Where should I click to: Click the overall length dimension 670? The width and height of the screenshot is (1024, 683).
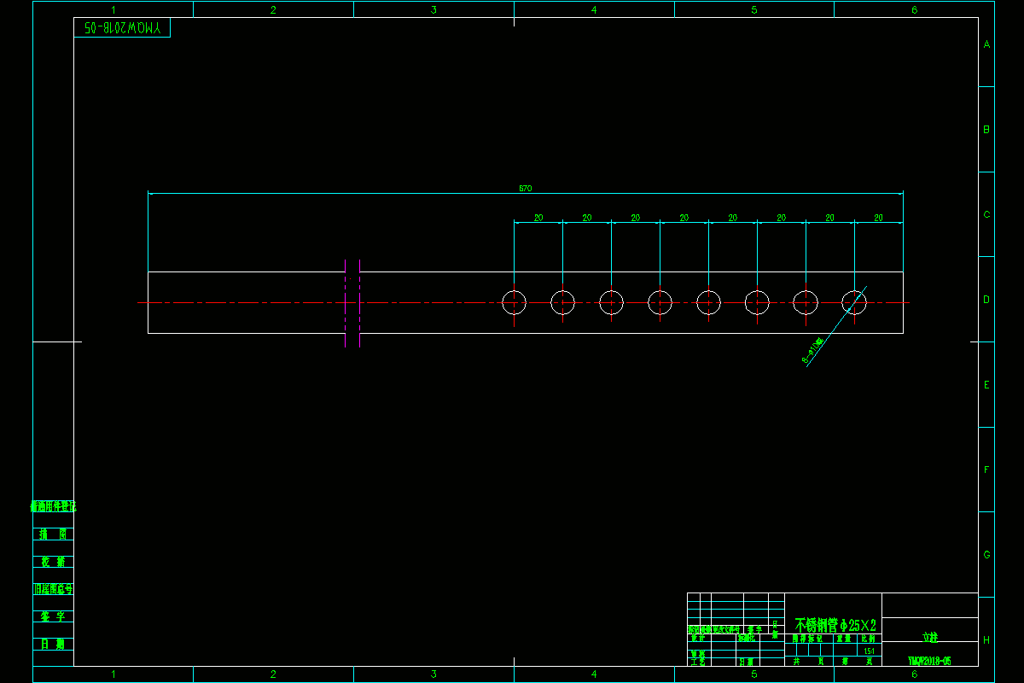coord(526,189)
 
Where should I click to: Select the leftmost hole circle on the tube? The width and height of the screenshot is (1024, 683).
coord(514,302)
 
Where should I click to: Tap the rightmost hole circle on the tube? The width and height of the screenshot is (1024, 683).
coord(854,302)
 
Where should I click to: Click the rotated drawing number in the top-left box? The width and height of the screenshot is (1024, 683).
coord(123,28)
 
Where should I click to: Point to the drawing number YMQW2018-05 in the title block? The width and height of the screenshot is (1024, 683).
coord(929,661)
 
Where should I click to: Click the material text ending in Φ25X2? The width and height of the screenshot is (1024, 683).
coord(835,626)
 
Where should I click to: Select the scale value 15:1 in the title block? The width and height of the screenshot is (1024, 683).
coord(869,651)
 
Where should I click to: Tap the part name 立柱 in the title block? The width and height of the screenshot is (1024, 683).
coord(929,637)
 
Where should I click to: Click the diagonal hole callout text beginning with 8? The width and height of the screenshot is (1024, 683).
coord(813,351)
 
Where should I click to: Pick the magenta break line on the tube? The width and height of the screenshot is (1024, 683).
coord(346,303)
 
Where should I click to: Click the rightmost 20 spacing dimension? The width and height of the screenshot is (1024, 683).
coord(878,219)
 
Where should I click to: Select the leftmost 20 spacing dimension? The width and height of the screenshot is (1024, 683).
coord(538,219)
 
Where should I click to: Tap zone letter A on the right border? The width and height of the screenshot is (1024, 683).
coord(986,44)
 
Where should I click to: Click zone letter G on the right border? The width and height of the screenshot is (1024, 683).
coord(986,555)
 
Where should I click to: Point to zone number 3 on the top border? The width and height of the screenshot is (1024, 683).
coord(433,10)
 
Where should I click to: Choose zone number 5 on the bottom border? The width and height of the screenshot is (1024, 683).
coord(754,674)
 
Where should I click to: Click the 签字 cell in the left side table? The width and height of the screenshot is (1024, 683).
coord(53,616)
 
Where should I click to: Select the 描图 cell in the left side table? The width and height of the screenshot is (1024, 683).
coord(53,534)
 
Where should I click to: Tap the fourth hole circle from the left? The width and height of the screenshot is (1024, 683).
coord(660,302)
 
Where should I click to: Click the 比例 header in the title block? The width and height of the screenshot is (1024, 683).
coord(868,638)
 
